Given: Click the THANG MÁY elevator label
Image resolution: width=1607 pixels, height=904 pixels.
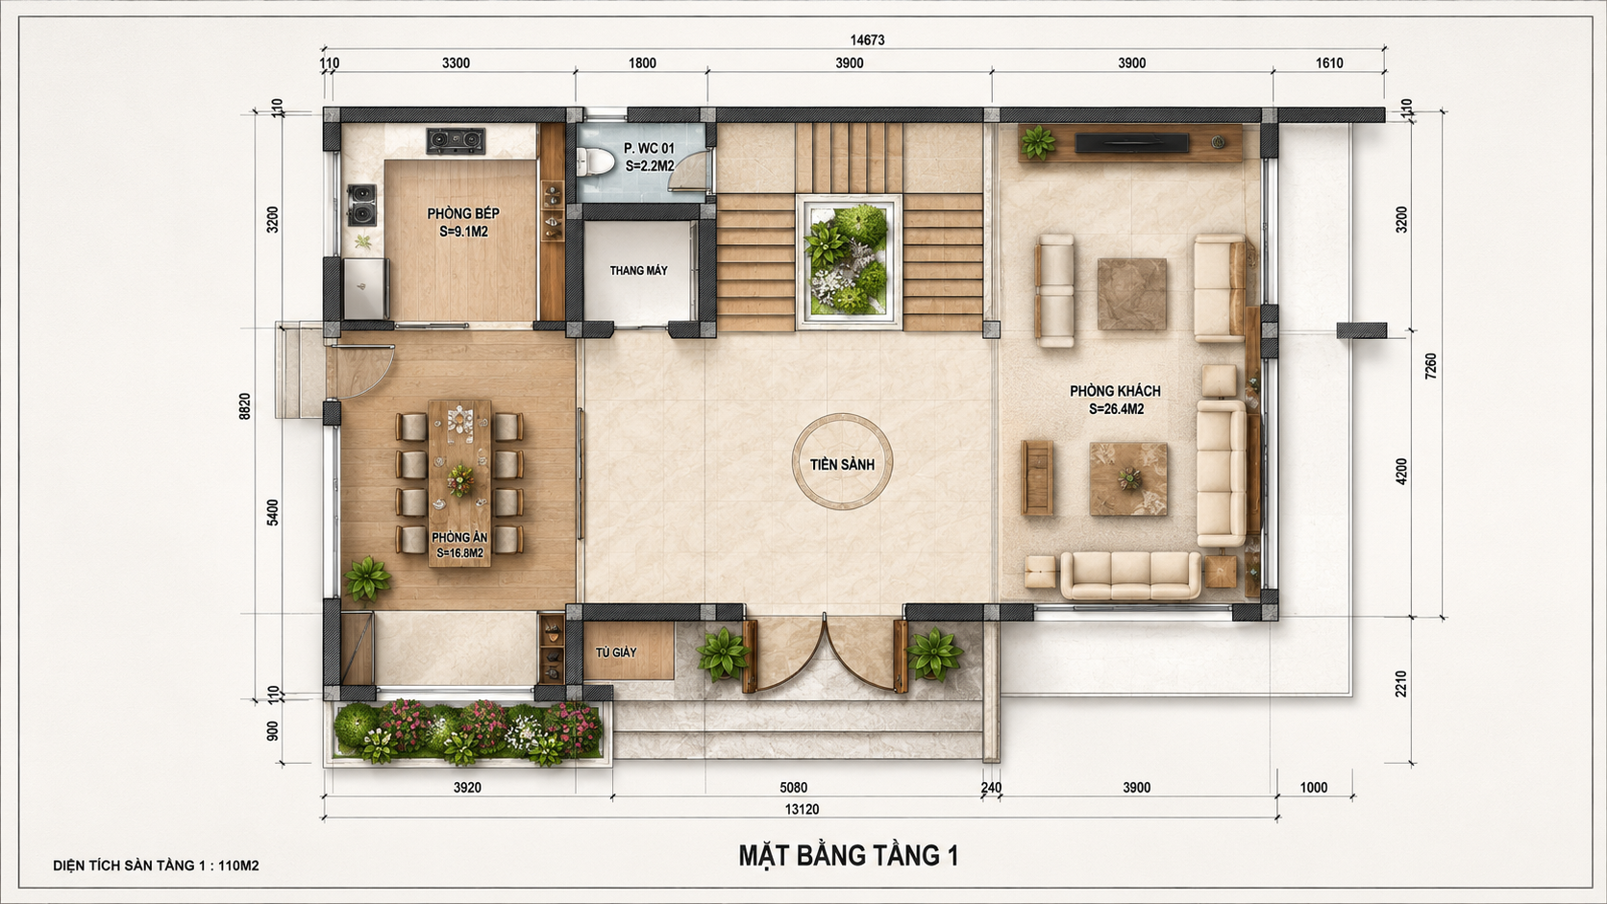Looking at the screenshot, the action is point(638,270).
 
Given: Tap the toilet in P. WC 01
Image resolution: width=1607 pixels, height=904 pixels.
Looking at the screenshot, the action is point(594,162).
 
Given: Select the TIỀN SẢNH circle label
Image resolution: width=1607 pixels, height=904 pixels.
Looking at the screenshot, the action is point(842,465).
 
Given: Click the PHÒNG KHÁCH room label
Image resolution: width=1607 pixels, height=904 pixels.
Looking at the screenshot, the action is point(1115,391).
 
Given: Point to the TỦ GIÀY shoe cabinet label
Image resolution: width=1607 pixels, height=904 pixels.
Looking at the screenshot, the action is point(615,652).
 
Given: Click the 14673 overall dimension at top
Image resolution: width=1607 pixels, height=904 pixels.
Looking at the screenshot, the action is point(867,40).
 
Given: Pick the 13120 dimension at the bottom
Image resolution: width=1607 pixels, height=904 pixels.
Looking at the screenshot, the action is point(802,809).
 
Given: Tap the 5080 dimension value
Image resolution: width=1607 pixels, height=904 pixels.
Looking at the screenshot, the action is point(794,787).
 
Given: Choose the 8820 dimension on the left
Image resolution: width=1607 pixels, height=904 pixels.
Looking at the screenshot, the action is point(245,405).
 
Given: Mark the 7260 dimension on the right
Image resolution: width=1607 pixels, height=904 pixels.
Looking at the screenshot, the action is point(1430,366).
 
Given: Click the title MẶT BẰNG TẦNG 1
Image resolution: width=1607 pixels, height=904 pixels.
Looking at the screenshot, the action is point(849,855).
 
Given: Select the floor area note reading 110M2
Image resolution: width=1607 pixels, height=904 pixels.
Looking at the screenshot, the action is point(238,866).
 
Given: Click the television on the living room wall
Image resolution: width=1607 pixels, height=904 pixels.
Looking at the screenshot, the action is point(1131,143).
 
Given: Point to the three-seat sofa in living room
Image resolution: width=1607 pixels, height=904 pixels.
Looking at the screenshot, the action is point(1130,574).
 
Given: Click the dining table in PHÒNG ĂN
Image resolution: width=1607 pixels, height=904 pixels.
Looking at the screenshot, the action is point(459,483).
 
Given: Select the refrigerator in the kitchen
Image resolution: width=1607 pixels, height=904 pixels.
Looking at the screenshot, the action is point(366,288).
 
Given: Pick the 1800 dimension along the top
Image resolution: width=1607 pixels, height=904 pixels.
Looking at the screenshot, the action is point(642,63).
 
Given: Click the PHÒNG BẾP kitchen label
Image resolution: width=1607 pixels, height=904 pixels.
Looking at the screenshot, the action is point(463,213).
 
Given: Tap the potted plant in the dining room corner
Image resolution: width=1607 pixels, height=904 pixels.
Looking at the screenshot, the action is point(367,577).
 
